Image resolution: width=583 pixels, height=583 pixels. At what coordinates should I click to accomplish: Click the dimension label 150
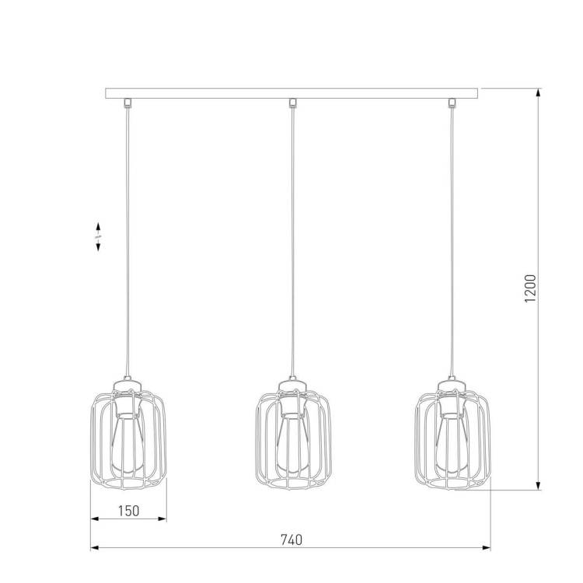coord(128,511)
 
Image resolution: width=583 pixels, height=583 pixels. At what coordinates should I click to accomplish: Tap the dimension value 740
coord(291,539)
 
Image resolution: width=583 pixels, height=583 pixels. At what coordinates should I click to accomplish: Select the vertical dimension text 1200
coord(530,288)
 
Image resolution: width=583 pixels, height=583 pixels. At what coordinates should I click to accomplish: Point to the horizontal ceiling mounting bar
coord(291,93)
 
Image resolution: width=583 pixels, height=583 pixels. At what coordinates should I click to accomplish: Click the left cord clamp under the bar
coord(127,103)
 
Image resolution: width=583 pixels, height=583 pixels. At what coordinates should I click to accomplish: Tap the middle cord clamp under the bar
coord(292,103)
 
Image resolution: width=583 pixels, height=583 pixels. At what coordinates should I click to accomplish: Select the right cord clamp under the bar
coord(452,103)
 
